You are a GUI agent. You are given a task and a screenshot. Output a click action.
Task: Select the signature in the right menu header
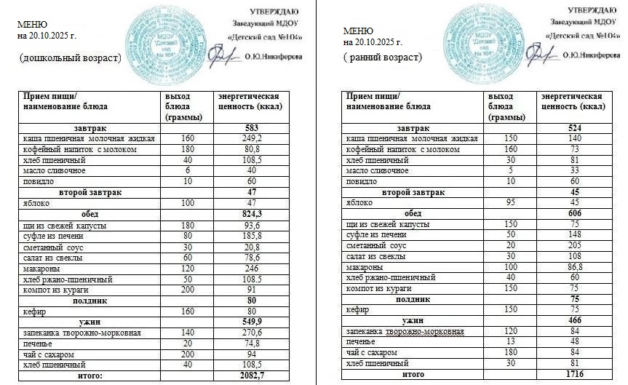click(540, 53)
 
